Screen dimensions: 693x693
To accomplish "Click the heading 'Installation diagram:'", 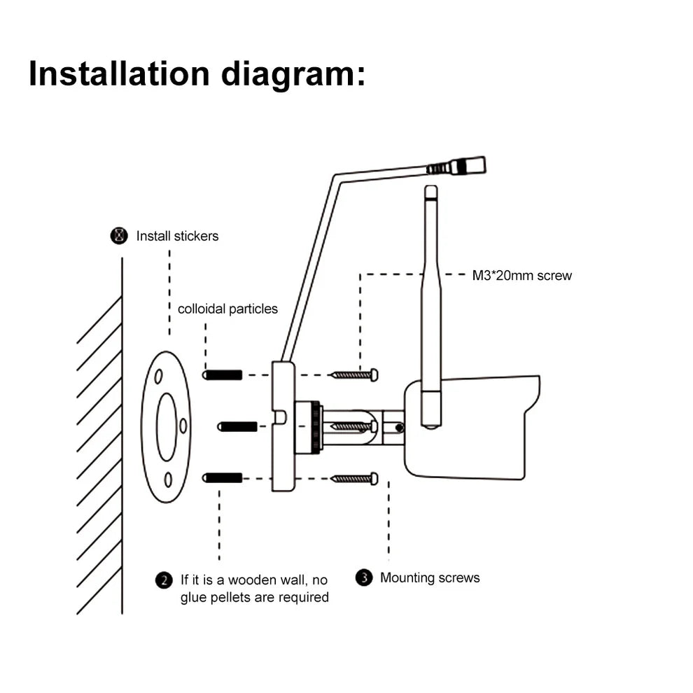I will point(197,73).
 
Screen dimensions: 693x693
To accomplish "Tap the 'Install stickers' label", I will point(177,236).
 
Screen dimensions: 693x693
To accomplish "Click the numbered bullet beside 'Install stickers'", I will point(120,235).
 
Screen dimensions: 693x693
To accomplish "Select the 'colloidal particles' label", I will point(227,309).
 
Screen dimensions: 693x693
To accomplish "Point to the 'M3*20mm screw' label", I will point(521,275).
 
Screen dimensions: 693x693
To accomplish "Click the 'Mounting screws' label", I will point(430,577).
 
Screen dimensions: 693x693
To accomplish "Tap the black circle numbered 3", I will point(363,578).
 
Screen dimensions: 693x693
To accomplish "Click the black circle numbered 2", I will point(163,580).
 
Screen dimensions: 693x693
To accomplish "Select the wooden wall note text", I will point(254,588).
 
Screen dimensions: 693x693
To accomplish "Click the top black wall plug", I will point(223,375).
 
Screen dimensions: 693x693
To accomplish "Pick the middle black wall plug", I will point(238,426).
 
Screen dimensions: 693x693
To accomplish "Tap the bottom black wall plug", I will point(223,477).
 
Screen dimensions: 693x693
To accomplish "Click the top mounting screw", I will point(354,375).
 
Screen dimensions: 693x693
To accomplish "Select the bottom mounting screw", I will point(354,478).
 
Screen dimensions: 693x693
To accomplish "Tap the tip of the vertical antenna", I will point(431,190).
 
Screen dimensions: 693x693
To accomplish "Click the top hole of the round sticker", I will point(159,376).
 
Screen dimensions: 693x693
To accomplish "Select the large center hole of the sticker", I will point(167,427).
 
